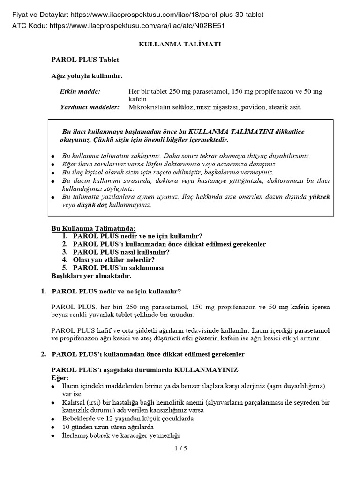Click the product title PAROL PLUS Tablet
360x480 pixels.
[85, 60]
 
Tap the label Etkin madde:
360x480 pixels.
[80, 91]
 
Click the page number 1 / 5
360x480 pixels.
[180, 449]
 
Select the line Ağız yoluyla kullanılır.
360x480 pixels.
[87, 75]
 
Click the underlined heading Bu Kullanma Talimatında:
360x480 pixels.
[90, 228]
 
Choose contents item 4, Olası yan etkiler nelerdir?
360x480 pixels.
[114, 259]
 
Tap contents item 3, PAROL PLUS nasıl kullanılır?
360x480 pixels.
[121, 252]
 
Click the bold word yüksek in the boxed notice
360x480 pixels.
[319, 197]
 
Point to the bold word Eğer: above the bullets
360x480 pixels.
[60, 377]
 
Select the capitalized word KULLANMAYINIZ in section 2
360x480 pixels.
[207, 370]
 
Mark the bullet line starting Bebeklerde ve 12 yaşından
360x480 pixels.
[127, 418]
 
